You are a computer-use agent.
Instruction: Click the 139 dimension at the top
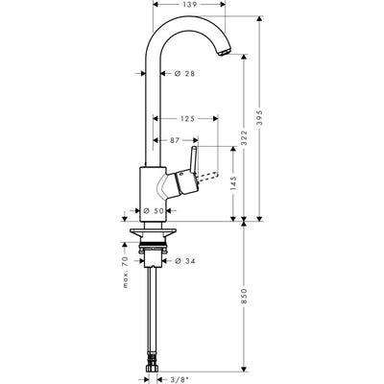coord(191,6)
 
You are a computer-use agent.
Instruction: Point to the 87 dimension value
coord(175,140)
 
